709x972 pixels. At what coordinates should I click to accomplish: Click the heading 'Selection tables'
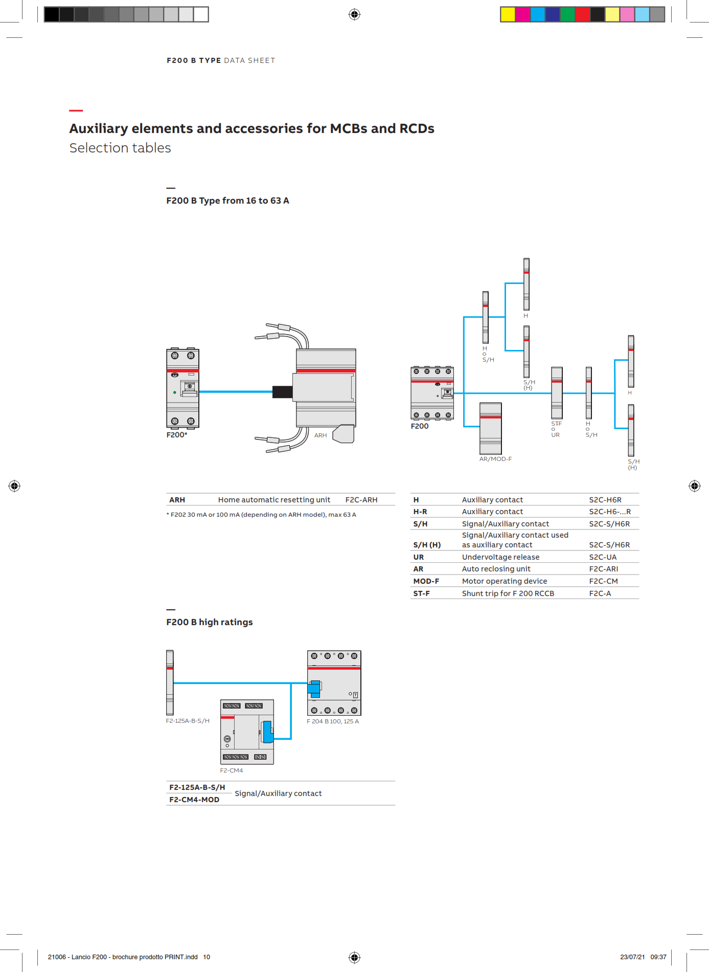pyautogui.click(x=120, y=148)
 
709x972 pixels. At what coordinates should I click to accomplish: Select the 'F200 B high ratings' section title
pyautogui.click(x=209, y=622)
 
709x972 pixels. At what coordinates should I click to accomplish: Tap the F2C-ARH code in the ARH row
pyautogui.click(x=361, y=500)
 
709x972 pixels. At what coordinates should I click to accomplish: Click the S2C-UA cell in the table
pyautogui.click(x=602, y=557)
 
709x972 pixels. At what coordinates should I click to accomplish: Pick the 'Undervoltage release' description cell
pyautogui.click(x=500, y=557)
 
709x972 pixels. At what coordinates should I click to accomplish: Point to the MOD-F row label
pyautogui.click(x=426, y=581)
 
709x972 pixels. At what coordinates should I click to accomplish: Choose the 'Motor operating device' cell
pyautogui.click(x=504, y=581)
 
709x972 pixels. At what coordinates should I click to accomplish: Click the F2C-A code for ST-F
pyautogui.click(x=600, y=593)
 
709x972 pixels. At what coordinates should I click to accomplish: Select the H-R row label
pyautogui.click(x=420, y=512)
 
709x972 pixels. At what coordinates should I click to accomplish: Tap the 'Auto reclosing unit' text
pyautogui.click(x=496, y=569)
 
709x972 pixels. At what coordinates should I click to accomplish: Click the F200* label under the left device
pyautogui.click(x=177, y=435)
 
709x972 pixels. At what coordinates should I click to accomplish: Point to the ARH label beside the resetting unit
pyautogui.click(x=321, y=435)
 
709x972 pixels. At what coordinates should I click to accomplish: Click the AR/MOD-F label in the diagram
pyautogui.click(x=495, y=459)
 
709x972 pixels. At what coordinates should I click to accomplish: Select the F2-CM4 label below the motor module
pyautogui.click(x=231, y=770)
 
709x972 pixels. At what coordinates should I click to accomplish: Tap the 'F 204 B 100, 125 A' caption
pyautogui.click(x=333, y=721)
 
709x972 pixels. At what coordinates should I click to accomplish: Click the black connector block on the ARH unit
pyautogui.click(x=282, y=392)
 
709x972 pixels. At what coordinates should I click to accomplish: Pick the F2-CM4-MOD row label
pyautogui.click(x=194, y=800)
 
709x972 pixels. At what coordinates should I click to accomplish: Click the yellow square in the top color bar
pyautogui.click(x=508, y=14)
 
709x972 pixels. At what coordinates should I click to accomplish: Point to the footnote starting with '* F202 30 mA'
pyautogui.click(x=261, y=515)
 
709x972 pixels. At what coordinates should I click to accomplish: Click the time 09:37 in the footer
pyautogui.click(x=658, y=957)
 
